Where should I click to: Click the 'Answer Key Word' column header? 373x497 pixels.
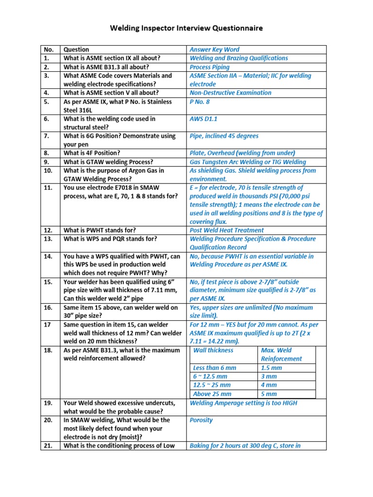tap(214, 50)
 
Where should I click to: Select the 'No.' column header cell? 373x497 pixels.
tap(49, 50)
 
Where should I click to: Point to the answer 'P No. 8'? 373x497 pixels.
tap(200, 102)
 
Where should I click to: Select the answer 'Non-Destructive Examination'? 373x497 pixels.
tap(230, 93)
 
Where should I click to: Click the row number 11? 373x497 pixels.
tap(48, 188)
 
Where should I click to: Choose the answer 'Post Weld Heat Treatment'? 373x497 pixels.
tap(227, 231)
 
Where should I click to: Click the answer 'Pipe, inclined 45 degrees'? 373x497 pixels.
tap(224, 136)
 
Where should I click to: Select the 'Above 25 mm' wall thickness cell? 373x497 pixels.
tap(212, 394)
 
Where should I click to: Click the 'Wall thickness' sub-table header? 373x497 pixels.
tap(213, 350)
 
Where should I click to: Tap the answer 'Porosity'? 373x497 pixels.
tap(201, 420)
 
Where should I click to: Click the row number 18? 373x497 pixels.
tap(48, 350)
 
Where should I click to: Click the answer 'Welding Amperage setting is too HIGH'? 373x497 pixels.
tap(243, 403)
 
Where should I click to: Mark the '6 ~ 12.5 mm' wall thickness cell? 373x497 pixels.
tap(210, 377)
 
